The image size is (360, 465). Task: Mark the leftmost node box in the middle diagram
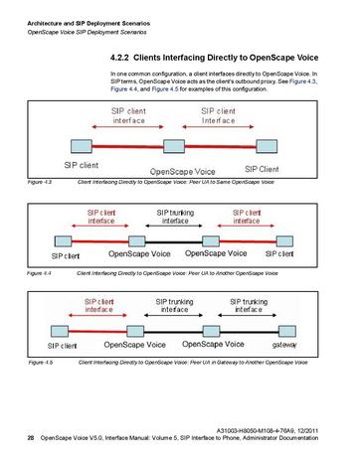point(61,238)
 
